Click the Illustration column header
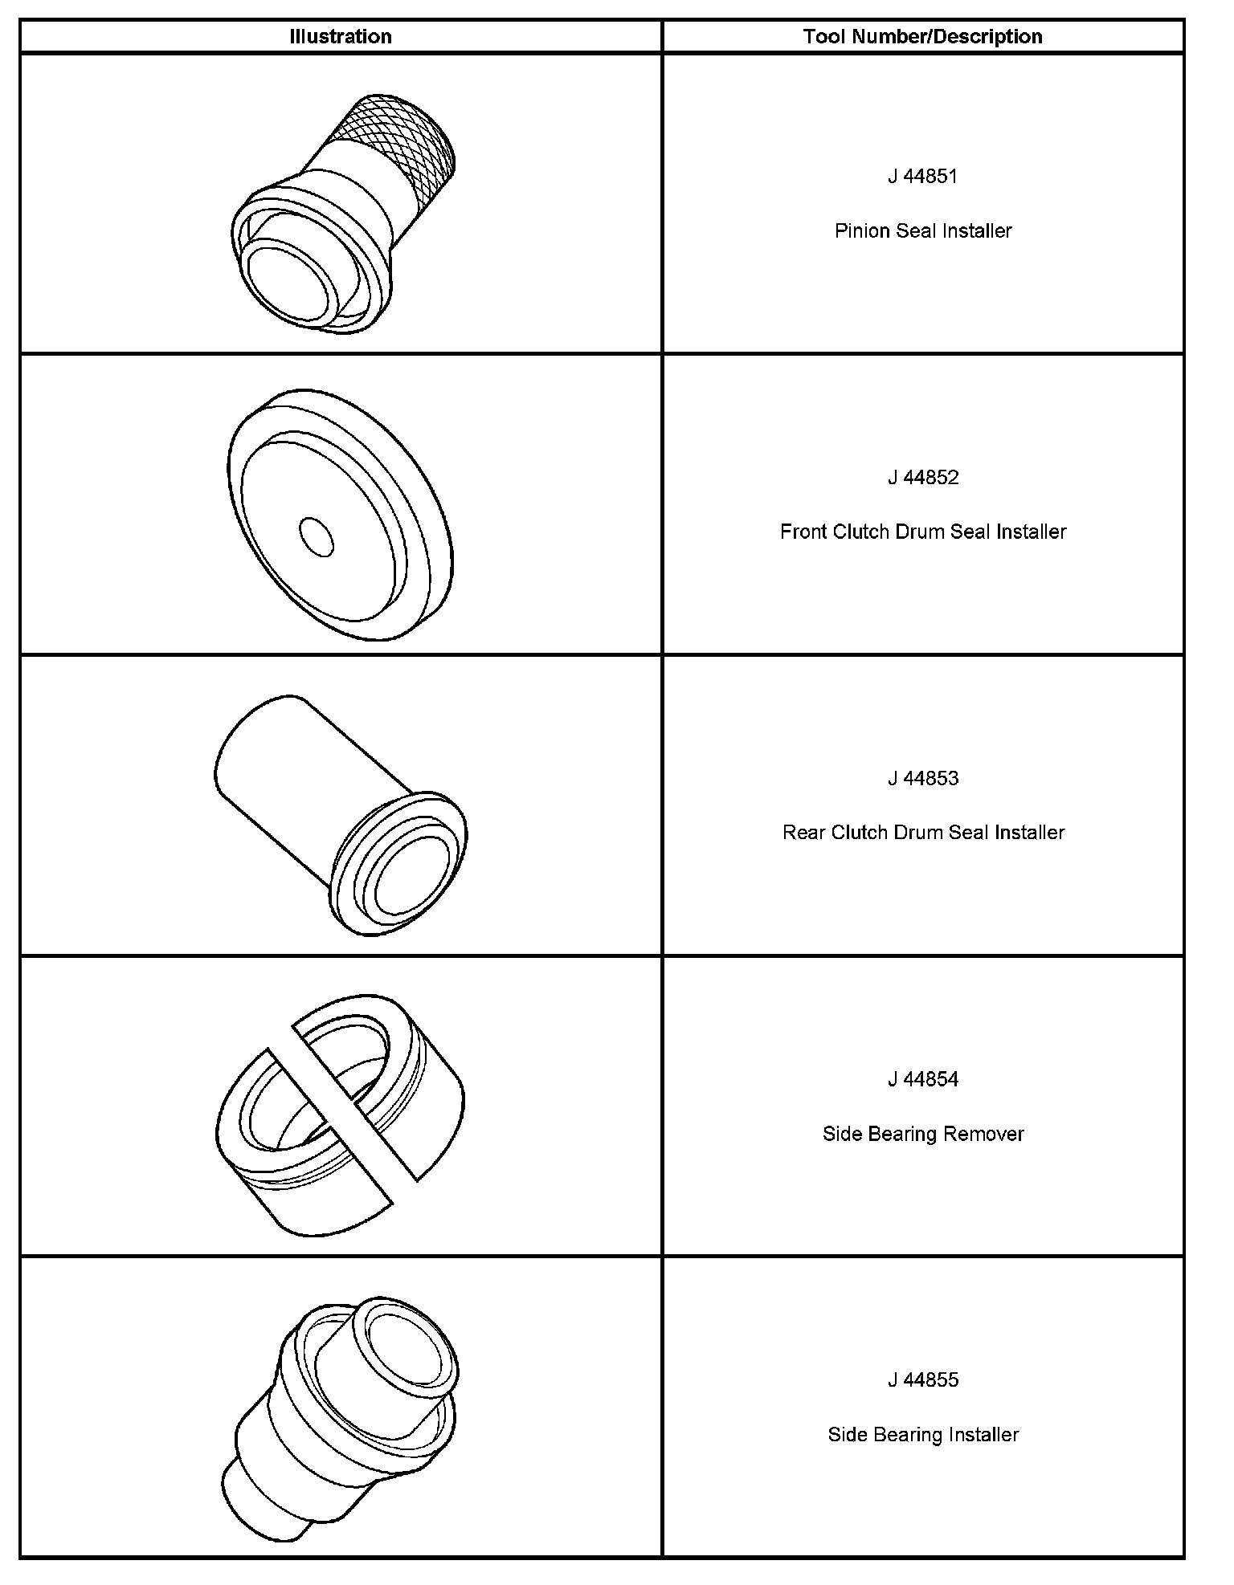pos(341,37)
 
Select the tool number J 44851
pos(923,177)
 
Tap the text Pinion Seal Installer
pos(923,231)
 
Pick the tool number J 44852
pos(923,478)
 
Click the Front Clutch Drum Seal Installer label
pos(923,532)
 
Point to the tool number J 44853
pos(923,778)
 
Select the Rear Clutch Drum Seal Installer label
pos(923,833)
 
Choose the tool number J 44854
pos(923,1079)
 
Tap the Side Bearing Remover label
pos(923,1134)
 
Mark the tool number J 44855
pos(923,1380)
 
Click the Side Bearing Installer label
pos(923,1435)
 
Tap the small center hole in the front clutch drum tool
pos(316,536)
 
